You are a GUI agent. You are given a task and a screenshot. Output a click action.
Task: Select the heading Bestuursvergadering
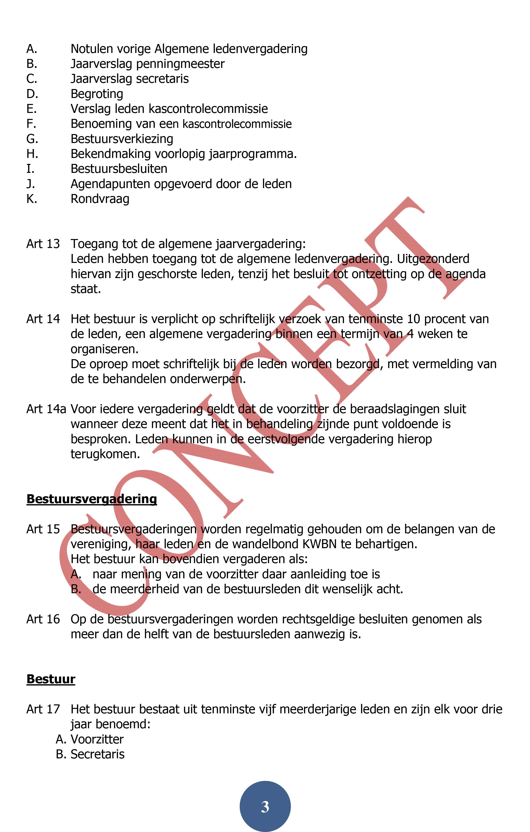point(92,499)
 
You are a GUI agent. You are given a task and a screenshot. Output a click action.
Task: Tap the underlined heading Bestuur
point(51,679)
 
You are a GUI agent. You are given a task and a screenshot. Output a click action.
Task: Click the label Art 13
point(43,244)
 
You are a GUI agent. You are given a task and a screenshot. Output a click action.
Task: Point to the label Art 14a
point(46,409)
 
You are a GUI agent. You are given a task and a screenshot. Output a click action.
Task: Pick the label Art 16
point(43,619)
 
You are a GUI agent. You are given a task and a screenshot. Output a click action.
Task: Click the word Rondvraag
point(100,199)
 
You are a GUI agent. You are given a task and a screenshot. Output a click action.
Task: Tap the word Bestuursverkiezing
point(122,139)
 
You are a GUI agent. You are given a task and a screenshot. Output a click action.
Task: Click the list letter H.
point(32,154)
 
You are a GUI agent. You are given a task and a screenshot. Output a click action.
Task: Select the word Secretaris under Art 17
point(98,754)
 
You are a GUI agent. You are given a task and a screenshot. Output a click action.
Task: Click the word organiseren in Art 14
point(104,349)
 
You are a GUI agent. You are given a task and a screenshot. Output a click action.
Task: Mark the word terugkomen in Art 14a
point(105,454)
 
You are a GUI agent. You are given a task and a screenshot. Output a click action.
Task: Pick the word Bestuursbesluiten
point(119,169)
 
